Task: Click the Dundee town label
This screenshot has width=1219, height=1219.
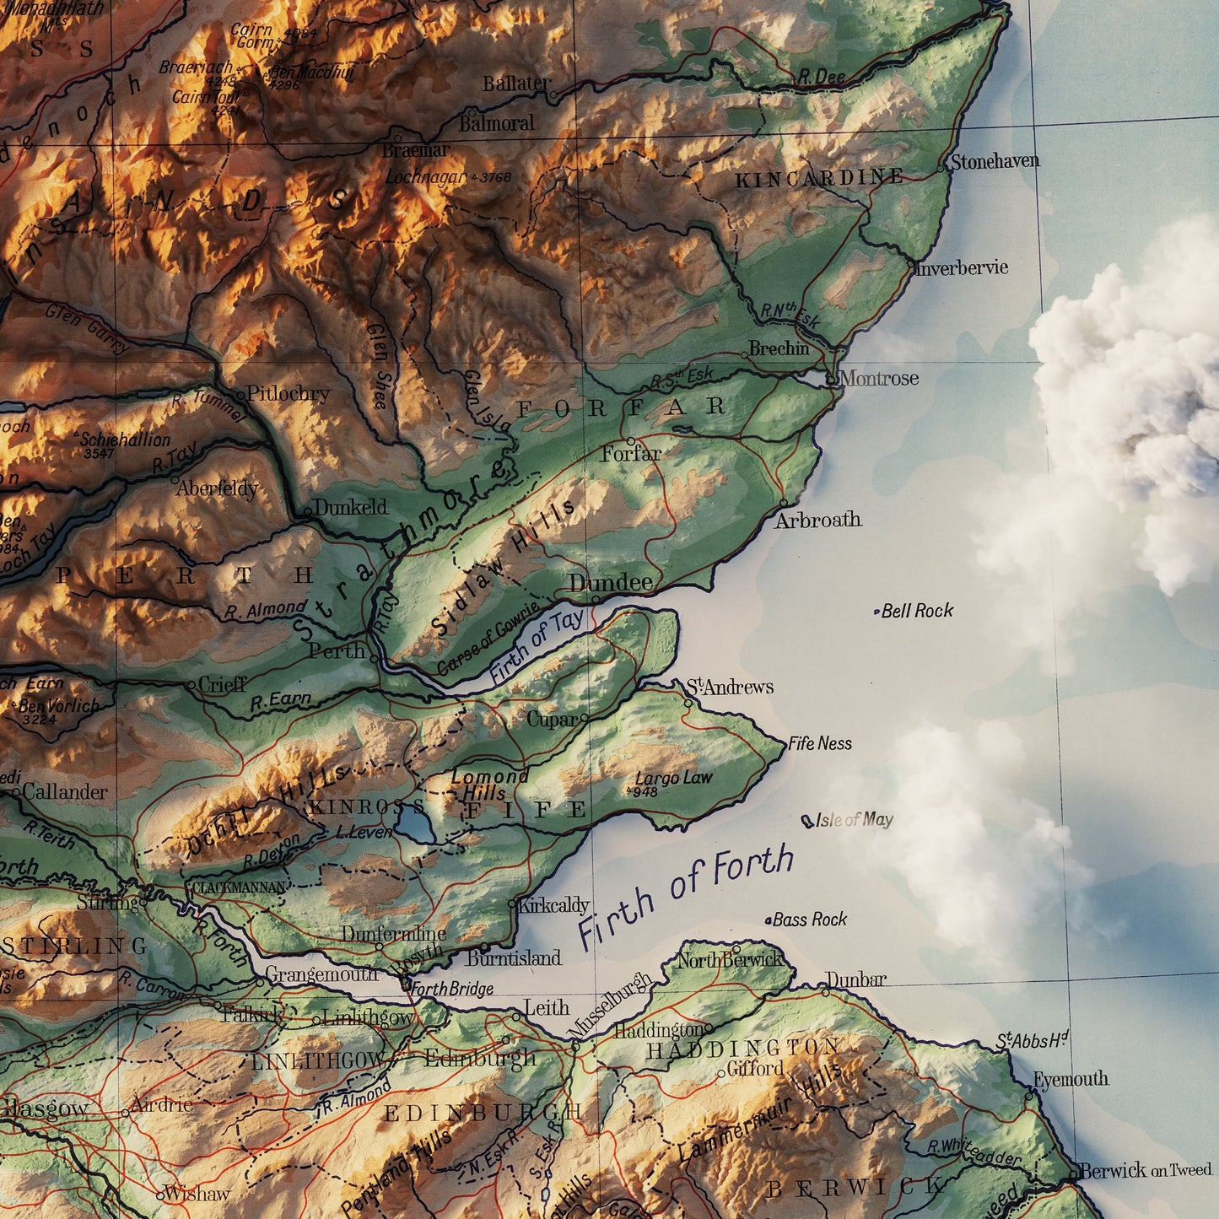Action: point(610,583)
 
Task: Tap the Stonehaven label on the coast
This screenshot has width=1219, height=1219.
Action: point(995,161)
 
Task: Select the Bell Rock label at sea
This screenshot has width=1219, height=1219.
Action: point(917,611)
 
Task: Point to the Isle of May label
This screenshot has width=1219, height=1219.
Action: point(854,819)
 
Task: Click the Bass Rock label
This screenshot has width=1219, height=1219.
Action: point(809,920)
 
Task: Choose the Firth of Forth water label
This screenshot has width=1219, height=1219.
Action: point(686,895)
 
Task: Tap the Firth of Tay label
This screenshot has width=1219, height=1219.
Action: point(537,646)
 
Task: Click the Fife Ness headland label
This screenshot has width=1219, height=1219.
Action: point(820,743)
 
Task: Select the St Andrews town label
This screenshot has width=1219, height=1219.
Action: point(730,687)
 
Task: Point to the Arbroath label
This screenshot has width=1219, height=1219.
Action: point(818,520)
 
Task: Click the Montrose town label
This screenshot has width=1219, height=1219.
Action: point(879,378)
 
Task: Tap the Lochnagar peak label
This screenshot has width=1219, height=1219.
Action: point(426,177)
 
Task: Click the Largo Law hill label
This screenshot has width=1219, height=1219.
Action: point(673,778)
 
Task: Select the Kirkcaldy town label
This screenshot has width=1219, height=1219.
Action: point(553,906)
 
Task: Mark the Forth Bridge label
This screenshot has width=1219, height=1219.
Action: point(452,989)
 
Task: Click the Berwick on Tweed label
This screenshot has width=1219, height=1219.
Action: point(1145,1171)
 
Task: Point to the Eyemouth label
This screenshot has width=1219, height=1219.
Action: point(1071,1079)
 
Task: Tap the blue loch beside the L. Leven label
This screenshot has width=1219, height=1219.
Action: point(413,823)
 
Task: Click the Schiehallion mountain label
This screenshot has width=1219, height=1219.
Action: point(125,440)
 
